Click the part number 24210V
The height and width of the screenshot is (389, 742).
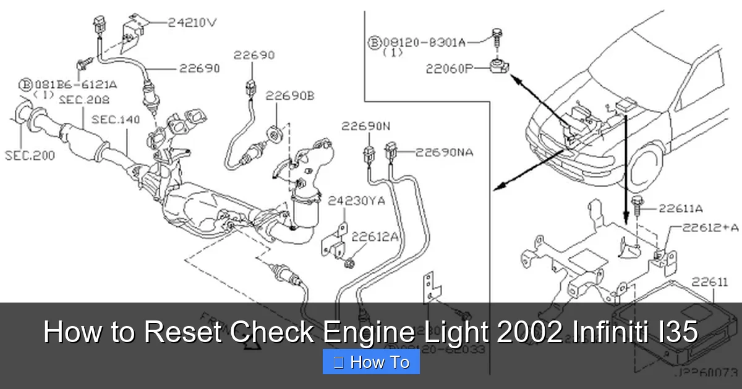194,23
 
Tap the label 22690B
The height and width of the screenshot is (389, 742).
290,96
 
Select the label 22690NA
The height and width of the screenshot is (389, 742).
444,152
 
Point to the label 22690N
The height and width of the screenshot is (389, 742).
365,127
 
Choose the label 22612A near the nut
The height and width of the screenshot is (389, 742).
375,236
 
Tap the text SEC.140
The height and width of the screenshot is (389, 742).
116,119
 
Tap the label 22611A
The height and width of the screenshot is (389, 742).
680,209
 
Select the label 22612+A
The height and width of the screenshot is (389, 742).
710,227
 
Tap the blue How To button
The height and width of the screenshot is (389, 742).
371,362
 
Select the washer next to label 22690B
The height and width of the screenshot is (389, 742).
275,132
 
